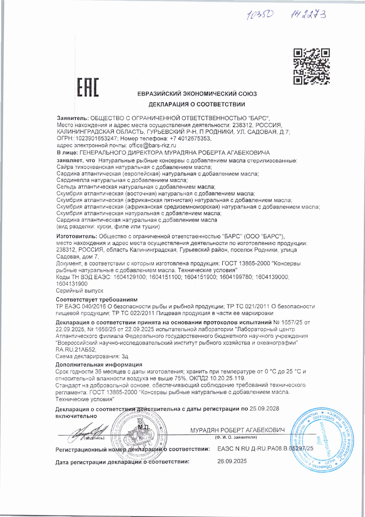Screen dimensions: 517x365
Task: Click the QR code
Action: click(x=311, y=66)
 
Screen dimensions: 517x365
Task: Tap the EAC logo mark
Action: click(x=88, y=87)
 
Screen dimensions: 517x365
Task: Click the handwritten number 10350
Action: click(x=260, y=15)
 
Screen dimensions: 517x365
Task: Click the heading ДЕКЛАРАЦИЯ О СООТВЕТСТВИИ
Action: click(x=197, y=104)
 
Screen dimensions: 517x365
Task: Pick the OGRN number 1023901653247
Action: click(x=97, y=138)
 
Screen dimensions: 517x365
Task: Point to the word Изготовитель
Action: click(x=76, y=236)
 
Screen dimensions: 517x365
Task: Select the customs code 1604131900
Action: click(x=72, y=284)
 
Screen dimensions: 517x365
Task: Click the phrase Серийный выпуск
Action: click(x=80, y=291)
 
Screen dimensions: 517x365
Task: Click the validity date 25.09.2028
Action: click(x=264, y=409)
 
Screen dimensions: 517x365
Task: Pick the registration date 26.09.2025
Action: click(x=232, y=461)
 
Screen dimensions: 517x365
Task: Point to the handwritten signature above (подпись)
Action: click(x=88, y=432)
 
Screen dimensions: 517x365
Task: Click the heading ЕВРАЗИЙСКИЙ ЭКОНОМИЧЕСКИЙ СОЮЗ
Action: click(x=197, y=94)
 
